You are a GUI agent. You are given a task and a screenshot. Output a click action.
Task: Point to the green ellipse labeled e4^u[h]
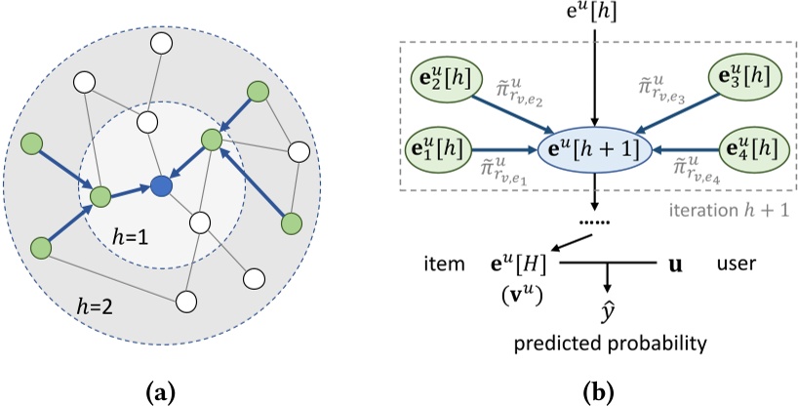coord(751,150)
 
